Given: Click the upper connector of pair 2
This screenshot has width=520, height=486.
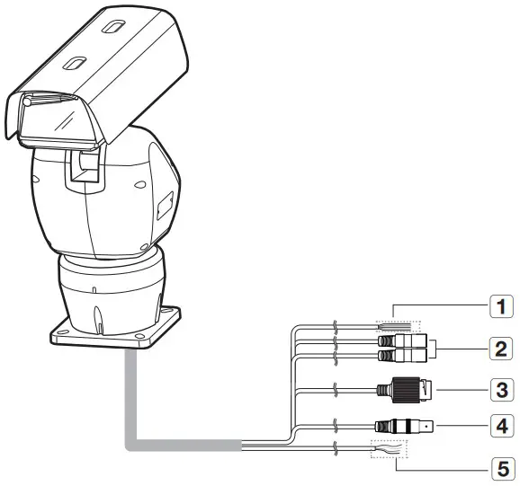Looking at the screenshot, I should coord(404,341).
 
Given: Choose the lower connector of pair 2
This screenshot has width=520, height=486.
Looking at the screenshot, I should coord(404,356).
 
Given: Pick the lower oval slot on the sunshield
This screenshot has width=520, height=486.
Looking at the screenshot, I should coord(74,63).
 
